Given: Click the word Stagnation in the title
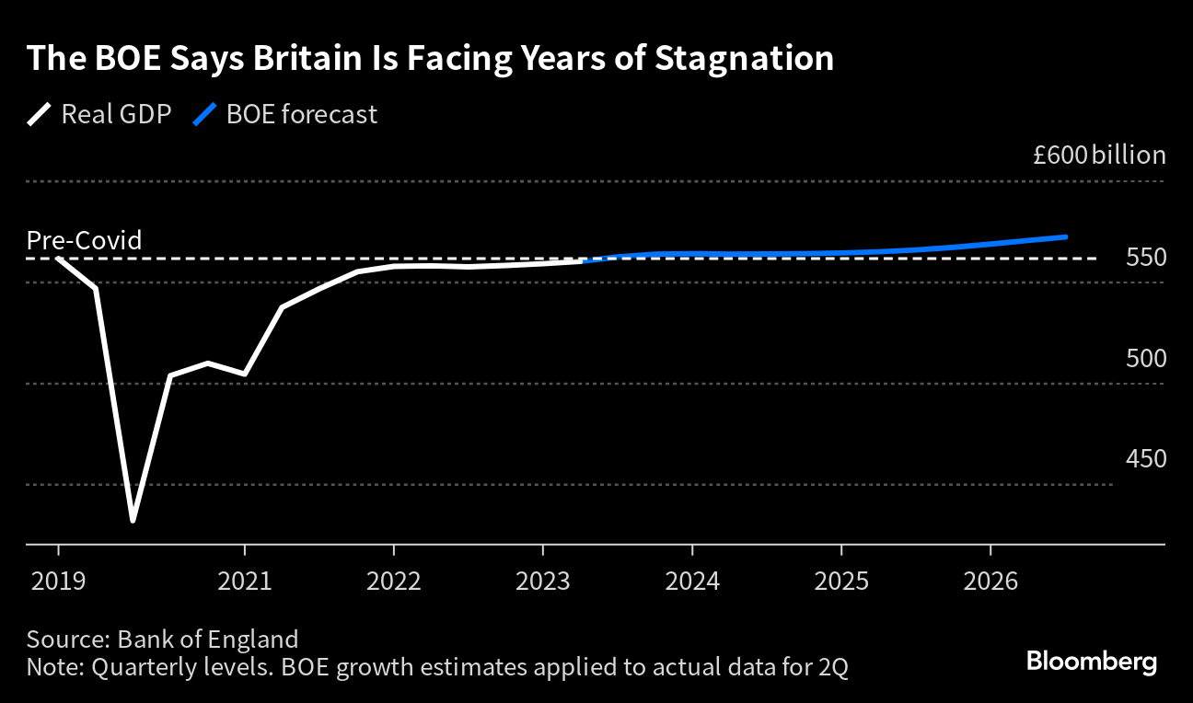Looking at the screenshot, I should tap(744, 59).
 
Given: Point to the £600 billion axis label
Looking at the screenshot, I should tap(1098, 155).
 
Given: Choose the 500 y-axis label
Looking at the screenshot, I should tap(1146, 358).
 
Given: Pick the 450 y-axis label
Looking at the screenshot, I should tap(1146, 459).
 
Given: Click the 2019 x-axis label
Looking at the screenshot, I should tap(58, 582).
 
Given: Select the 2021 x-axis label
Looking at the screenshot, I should tap(244, 582).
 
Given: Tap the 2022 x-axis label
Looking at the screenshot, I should tap(393, 582).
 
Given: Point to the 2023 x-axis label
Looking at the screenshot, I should tap(542, 582).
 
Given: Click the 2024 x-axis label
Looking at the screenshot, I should tap(691, 582).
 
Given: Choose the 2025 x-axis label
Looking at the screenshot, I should tap(840, 582).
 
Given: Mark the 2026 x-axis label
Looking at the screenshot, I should tap(990, 582).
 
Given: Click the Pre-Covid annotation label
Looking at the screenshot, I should tap(84, 240).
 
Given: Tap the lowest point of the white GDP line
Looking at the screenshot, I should tap(133, 521).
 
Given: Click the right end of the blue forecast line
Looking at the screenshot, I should tap(1065, 237).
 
